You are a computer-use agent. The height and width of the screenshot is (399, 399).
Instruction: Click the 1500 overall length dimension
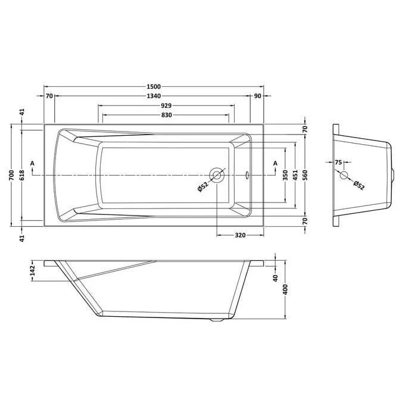coord(154,86)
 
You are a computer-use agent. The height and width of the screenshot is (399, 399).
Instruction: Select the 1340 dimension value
coord(154,96)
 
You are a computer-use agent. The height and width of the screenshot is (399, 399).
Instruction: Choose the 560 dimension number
coord(305,176)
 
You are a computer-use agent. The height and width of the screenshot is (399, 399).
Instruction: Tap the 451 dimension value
coord(295,176)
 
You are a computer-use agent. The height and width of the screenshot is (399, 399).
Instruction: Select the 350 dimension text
coord(286,176)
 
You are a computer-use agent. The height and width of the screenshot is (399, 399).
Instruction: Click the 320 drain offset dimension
coord(240,235)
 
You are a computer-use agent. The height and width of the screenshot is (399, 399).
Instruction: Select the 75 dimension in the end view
coord(338,162)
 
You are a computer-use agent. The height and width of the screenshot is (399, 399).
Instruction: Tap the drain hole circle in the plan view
coord(217,176)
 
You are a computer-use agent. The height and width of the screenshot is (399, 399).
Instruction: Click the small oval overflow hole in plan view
coord(248,176)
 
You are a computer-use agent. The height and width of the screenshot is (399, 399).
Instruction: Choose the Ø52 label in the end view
coord(359,186)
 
